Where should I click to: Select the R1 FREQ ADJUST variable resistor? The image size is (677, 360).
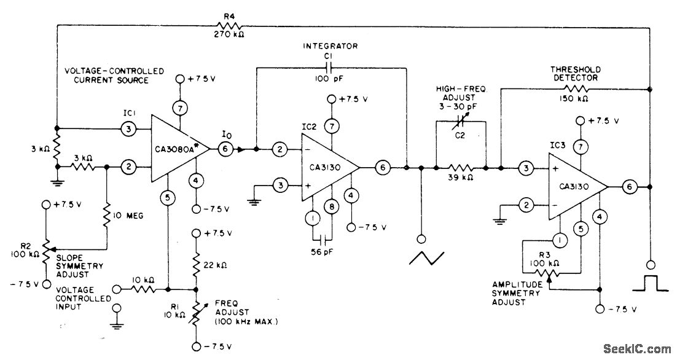pyautogui.click(x=196, y=311)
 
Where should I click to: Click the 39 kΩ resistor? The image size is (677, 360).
pyautogui.click(x=460, y=167)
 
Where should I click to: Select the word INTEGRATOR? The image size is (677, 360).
pyautogui.click(x=331, y=47)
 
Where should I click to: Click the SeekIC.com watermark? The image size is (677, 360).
pyautogui.click(x=637, y=348)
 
